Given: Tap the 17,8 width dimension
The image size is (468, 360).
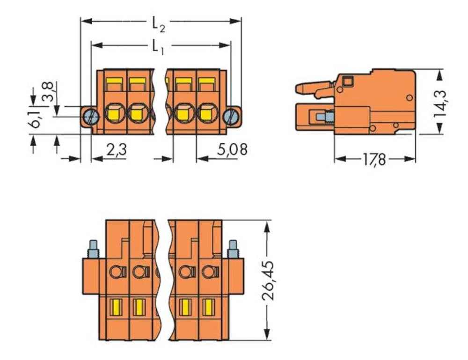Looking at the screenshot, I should (x=375, y=160).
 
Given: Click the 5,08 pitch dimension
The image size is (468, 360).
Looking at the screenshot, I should (x=232, y=150).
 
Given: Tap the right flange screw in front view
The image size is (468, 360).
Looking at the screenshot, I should (x=230, y=116).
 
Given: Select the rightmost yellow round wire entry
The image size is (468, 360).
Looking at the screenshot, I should (x=206, y=113).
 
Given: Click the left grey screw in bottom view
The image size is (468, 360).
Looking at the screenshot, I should (x=92, y=249).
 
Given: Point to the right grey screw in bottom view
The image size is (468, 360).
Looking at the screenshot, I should (x=232, y=249).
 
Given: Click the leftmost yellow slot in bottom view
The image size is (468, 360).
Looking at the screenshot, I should (x=114, y=307).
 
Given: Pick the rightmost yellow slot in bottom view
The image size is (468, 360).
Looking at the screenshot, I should (x=207, y=307).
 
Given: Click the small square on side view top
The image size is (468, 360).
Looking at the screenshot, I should (x=347, y=82).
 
